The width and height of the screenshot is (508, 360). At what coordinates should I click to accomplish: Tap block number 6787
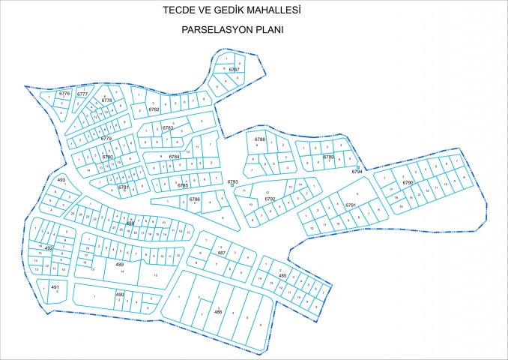(235, 70)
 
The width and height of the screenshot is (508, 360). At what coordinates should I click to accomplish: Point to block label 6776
(64, 94)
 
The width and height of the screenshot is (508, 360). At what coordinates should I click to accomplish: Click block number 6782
(154, 109)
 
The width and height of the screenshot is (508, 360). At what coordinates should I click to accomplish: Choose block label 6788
(260, 140)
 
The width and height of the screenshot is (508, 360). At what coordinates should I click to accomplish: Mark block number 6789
(328, 157)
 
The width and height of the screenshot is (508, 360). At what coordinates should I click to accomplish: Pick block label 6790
(408, 182)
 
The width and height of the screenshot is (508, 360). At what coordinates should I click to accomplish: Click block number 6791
(350, 205)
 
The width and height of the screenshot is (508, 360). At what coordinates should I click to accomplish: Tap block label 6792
(270, 199)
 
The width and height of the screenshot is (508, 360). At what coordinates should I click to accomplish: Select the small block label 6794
(357, 172)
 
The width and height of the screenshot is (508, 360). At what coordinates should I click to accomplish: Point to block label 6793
(232, 181)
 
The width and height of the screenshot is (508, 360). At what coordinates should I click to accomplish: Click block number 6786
(194, 199)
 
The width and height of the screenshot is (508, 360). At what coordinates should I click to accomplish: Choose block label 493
(61, 181)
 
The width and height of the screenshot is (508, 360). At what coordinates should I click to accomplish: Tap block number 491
(55, 287)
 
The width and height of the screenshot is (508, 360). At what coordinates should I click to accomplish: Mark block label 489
(120, 264)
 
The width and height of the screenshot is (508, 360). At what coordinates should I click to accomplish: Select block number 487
(222, 253)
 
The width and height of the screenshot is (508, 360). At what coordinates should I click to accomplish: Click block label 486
(218, 311)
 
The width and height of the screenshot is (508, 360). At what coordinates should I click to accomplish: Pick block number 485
(282, 276)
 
